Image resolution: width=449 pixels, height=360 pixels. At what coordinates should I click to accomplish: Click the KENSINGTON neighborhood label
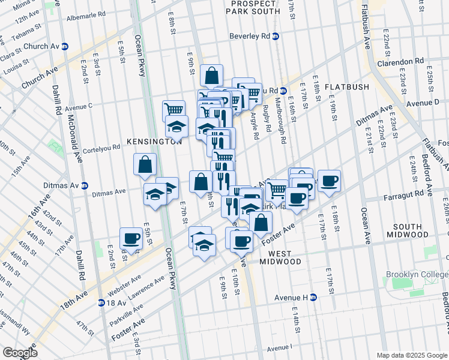tap(154, 142)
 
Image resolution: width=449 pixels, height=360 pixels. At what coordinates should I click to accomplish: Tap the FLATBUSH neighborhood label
tap(347, 87)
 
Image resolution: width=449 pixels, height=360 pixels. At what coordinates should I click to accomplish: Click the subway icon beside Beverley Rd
tap(276, 36)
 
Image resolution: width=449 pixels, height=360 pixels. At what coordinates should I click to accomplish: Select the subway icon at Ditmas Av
tap(85, 185)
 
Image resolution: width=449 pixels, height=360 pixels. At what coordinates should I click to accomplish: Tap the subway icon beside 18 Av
tap(101, 302)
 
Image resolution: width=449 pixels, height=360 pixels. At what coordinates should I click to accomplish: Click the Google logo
tap(20, 353)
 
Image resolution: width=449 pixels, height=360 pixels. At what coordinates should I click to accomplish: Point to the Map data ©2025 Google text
tap(411, 355)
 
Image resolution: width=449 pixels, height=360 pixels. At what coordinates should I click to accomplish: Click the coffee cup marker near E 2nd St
tap(131, 239)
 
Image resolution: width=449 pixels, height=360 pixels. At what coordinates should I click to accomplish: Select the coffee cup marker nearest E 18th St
tap(329, 181)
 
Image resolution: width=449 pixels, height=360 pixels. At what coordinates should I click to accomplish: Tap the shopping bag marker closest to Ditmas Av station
tap(145, 164)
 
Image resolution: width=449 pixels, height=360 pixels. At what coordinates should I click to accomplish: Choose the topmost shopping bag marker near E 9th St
tap(212, 76)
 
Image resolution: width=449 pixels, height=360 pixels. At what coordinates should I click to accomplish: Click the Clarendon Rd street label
tap(401, 62)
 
